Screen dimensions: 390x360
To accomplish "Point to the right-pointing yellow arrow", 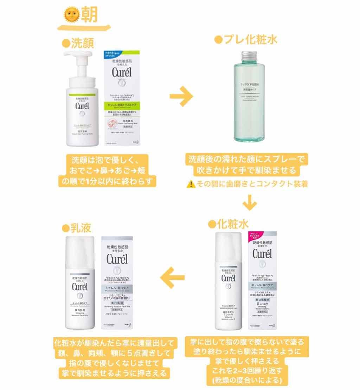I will pos(181,96).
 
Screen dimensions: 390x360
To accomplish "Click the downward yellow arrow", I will pos(250,203).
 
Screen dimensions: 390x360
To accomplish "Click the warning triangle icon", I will pos(191,184).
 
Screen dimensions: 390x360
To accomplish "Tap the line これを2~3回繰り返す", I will pos(245,370).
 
